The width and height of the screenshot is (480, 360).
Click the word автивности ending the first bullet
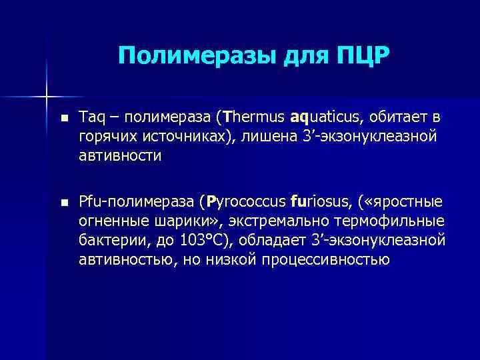[x=120, y=156]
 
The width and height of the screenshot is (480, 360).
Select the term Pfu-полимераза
[x=138, y=201]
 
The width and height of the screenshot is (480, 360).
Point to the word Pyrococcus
[x=245, y=201]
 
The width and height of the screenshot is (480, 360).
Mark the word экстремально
[x=278, y=220]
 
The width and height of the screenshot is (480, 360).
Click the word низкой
[x=238, y=259]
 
